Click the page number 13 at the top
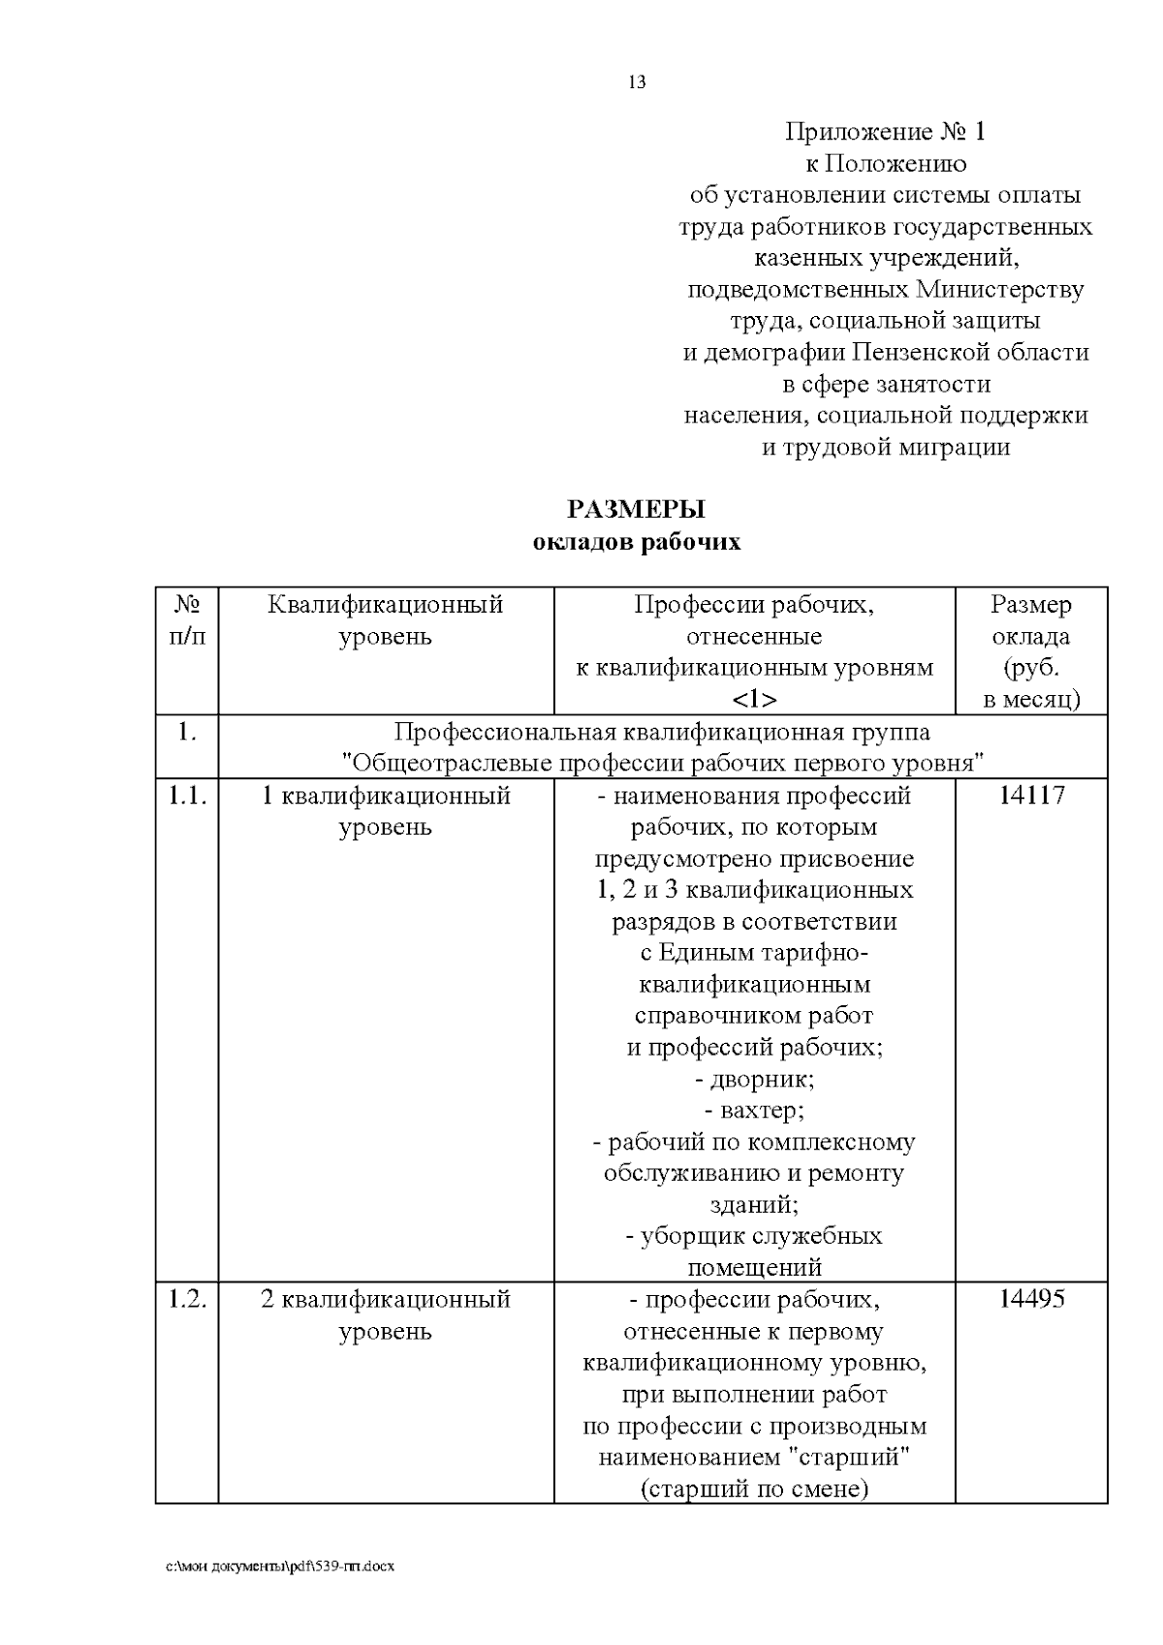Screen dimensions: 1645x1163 (637, 82)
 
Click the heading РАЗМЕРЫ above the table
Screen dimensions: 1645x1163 (636, 509)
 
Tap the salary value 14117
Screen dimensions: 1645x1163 (1031, 796)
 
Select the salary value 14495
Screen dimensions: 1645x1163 (1031, 1299)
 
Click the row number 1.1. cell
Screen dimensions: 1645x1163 (187, 796)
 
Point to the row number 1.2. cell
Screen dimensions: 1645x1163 (187, 1299)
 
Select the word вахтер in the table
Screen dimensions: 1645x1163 (761, 1110)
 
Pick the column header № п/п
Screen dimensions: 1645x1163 (187, 620)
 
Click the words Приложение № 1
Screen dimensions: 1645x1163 (885, 132)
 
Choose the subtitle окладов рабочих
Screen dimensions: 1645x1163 (636, 542)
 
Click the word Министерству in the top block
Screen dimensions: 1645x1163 (999, 290)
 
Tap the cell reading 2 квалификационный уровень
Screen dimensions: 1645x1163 (385, 1314)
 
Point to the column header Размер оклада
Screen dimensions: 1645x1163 (1031, 620)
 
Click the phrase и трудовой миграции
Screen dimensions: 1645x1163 (885, 448)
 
